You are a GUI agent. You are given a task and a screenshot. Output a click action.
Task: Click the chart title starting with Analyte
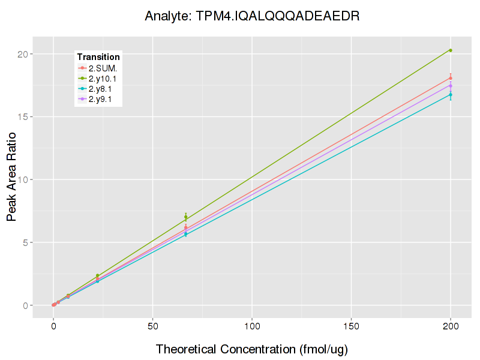point(252,16)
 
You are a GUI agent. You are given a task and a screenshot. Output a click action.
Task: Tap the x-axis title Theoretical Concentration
point(252,349)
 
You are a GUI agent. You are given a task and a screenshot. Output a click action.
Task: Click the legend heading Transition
point(98,57)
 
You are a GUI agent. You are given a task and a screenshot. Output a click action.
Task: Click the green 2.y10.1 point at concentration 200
point(451,50)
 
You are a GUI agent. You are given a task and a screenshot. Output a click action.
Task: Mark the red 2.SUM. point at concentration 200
point(451,78)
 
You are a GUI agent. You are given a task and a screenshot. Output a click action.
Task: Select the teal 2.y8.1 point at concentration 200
point(451,94)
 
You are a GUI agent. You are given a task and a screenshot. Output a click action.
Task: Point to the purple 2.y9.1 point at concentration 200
point(451,86)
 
